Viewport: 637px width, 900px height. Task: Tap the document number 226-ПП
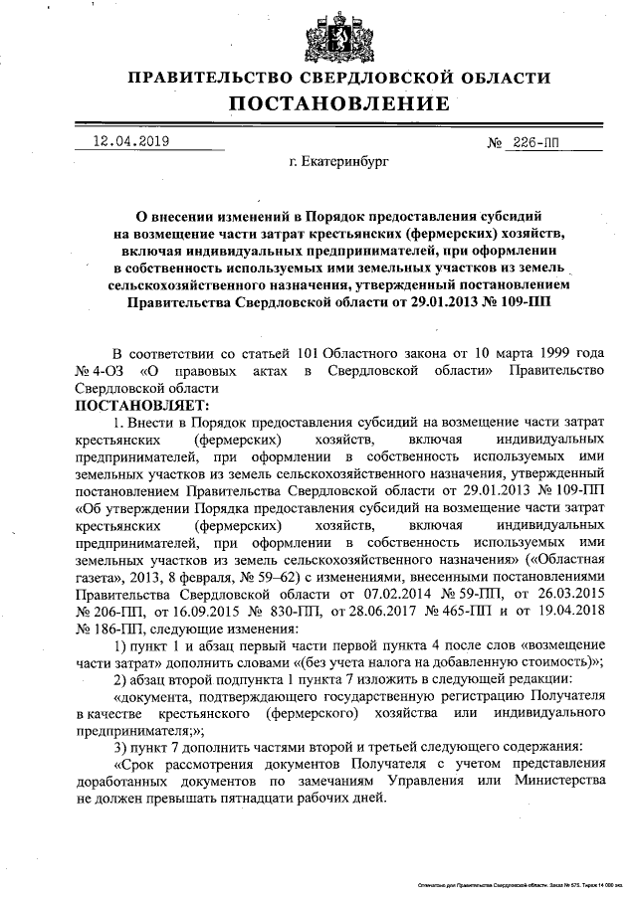536,142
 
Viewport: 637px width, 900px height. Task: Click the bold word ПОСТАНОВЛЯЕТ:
143,405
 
